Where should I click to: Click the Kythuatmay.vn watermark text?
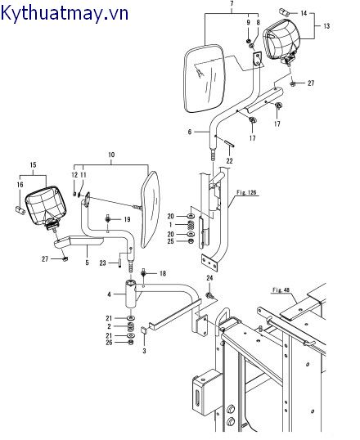pos(65,13)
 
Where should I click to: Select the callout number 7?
pos(232,4)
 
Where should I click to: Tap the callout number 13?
pos(326,26)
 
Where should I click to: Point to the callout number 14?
pos(304,13)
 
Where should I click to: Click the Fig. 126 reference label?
pos(246,192)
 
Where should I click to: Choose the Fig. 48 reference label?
pos(281,290)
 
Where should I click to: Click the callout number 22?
pos(229,161)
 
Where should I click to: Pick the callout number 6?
pos(190,132)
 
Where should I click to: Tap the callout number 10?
pos(111,155)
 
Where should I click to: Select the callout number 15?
pos(33,165)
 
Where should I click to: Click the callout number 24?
pos(209,278)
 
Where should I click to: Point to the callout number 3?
pos(144,351)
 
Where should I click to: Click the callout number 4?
pos(110,294)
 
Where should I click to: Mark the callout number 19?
pos(127,219)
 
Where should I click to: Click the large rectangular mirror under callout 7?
pos(205,79)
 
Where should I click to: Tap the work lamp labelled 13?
pos(281,41)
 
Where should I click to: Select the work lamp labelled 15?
pos(46,207)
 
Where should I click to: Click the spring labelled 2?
pos(130,326)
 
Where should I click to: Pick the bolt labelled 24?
pos(209,295)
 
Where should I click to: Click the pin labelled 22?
pos(229,143)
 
